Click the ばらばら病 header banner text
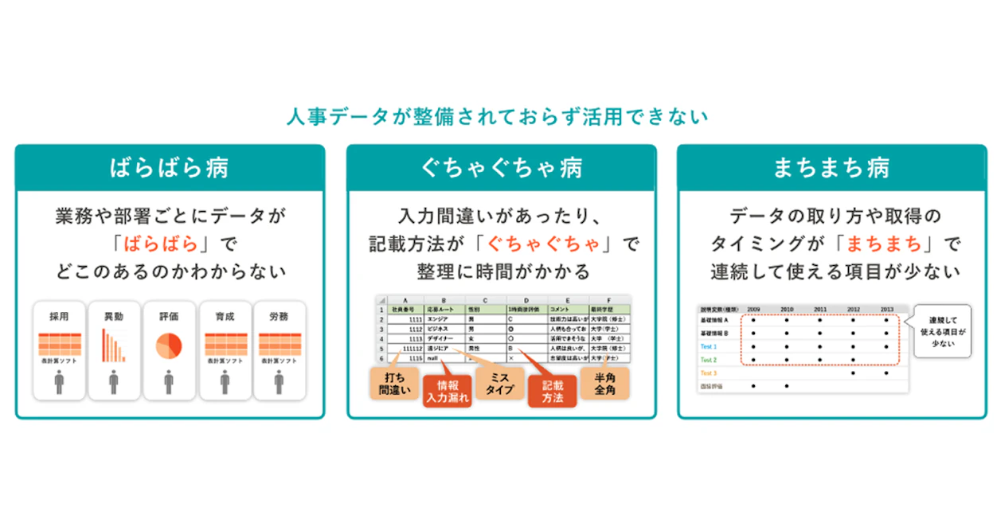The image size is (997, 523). click(x=169, y=168)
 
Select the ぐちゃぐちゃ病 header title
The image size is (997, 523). click(x=501, y=168)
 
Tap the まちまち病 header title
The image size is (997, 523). click(x=831, y=168)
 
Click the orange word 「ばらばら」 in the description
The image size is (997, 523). click(x=169, y=243)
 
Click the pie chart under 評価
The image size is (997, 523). click(x=169, y=345)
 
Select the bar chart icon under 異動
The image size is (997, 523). click(x=113, y=345)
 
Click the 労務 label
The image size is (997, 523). click(x=279, y=316)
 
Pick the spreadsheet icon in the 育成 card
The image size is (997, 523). click(x=225, y=344)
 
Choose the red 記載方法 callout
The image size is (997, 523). click(x=552, y=390)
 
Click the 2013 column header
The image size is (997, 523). click(x=886, y=309)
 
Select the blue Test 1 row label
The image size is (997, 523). click(x=709, y=347)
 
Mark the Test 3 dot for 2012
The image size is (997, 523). click(x=853, y=373)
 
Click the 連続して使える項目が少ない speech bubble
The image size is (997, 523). click(x=944, y=330)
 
